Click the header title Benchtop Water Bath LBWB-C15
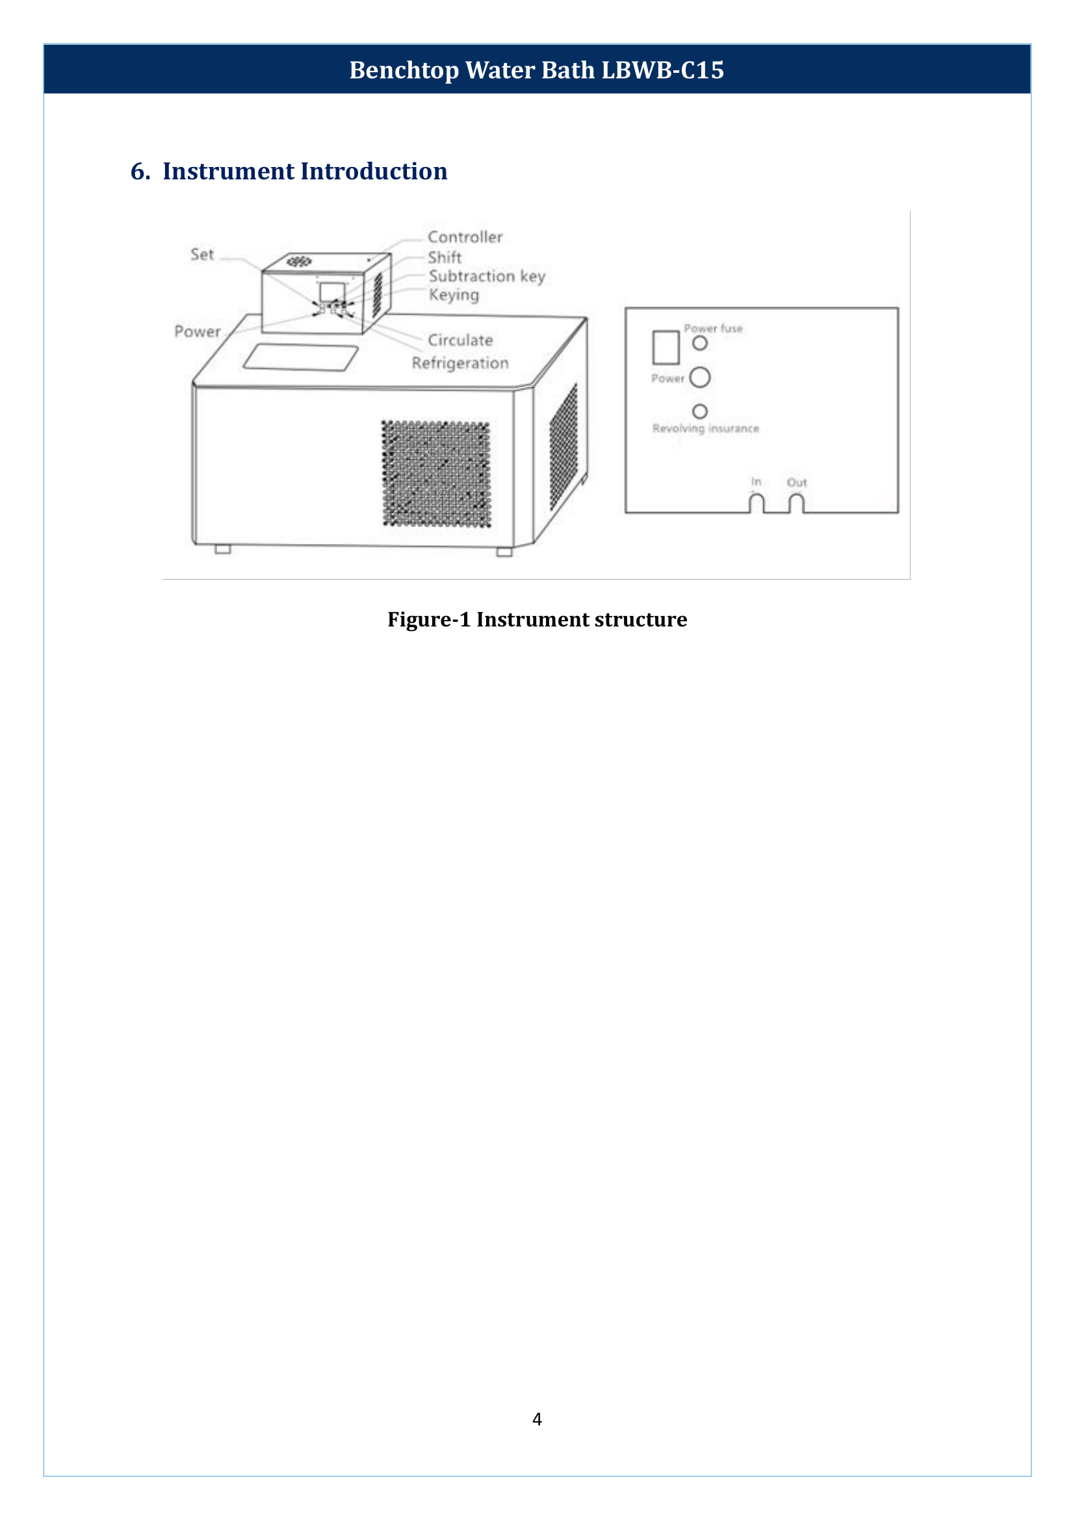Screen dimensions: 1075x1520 536,70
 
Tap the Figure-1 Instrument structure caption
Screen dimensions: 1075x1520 537,619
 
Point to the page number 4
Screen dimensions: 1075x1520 537,1419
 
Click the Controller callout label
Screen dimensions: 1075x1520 465,237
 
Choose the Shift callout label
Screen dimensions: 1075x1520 444,257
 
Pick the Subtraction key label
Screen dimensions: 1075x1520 487,276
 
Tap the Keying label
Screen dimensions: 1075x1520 454,294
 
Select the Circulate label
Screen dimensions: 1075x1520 460,341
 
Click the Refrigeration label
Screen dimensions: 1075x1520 460,363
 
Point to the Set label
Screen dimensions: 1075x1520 202,255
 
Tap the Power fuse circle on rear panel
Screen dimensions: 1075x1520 700,343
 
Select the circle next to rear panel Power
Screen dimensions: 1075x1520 700,378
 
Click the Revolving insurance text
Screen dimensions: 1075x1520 706,428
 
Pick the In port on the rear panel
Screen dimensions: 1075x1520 756,503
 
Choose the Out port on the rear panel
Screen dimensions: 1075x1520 796,503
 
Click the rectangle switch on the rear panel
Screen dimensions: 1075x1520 666,348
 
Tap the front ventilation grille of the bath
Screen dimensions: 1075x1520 436,473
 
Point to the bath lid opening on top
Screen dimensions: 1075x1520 301,357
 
